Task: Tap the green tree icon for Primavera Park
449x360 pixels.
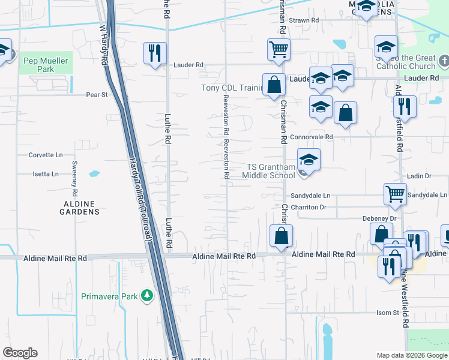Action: [x=146, y=295]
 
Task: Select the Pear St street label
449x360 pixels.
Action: [x=97, y=95]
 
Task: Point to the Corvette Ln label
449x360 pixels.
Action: [x=46, y=155]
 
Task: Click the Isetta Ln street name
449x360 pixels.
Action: [x=46, y=174]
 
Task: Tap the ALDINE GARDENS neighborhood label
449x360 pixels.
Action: [x=80, y=208]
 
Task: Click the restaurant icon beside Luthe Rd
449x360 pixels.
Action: [x=155, y=53]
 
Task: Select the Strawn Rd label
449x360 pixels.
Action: [x=304, y=20]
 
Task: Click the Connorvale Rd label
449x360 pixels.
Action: [x=311, y=137]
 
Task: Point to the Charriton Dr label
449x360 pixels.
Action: [x=308, y=207]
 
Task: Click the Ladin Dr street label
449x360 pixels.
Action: [x=419, y=176]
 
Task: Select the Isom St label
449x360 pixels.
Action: [x=387, y=313]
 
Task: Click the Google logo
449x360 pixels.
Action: [x=20, y=353]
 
